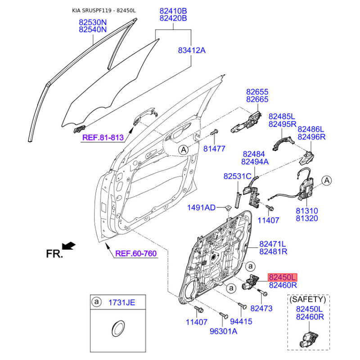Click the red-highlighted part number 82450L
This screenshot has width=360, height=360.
283,277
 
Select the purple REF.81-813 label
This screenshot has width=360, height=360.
103,138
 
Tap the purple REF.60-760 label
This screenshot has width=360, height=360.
136,253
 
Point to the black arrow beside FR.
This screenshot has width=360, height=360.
69,246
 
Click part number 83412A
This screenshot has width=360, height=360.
192,50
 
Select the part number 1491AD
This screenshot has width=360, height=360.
201,207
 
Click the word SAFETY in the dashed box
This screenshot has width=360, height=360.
308,299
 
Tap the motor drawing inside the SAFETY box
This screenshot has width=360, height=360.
309,340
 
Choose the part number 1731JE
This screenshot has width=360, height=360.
121,302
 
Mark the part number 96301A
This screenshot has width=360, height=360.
223,331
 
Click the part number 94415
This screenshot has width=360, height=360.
241,321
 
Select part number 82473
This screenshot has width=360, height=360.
261,308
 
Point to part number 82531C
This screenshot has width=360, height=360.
238,176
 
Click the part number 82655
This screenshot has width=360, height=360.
257,92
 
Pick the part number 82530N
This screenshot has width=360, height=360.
93,22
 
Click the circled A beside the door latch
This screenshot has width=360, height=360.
327,181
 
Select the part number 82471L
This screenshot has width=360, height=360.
273,243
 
